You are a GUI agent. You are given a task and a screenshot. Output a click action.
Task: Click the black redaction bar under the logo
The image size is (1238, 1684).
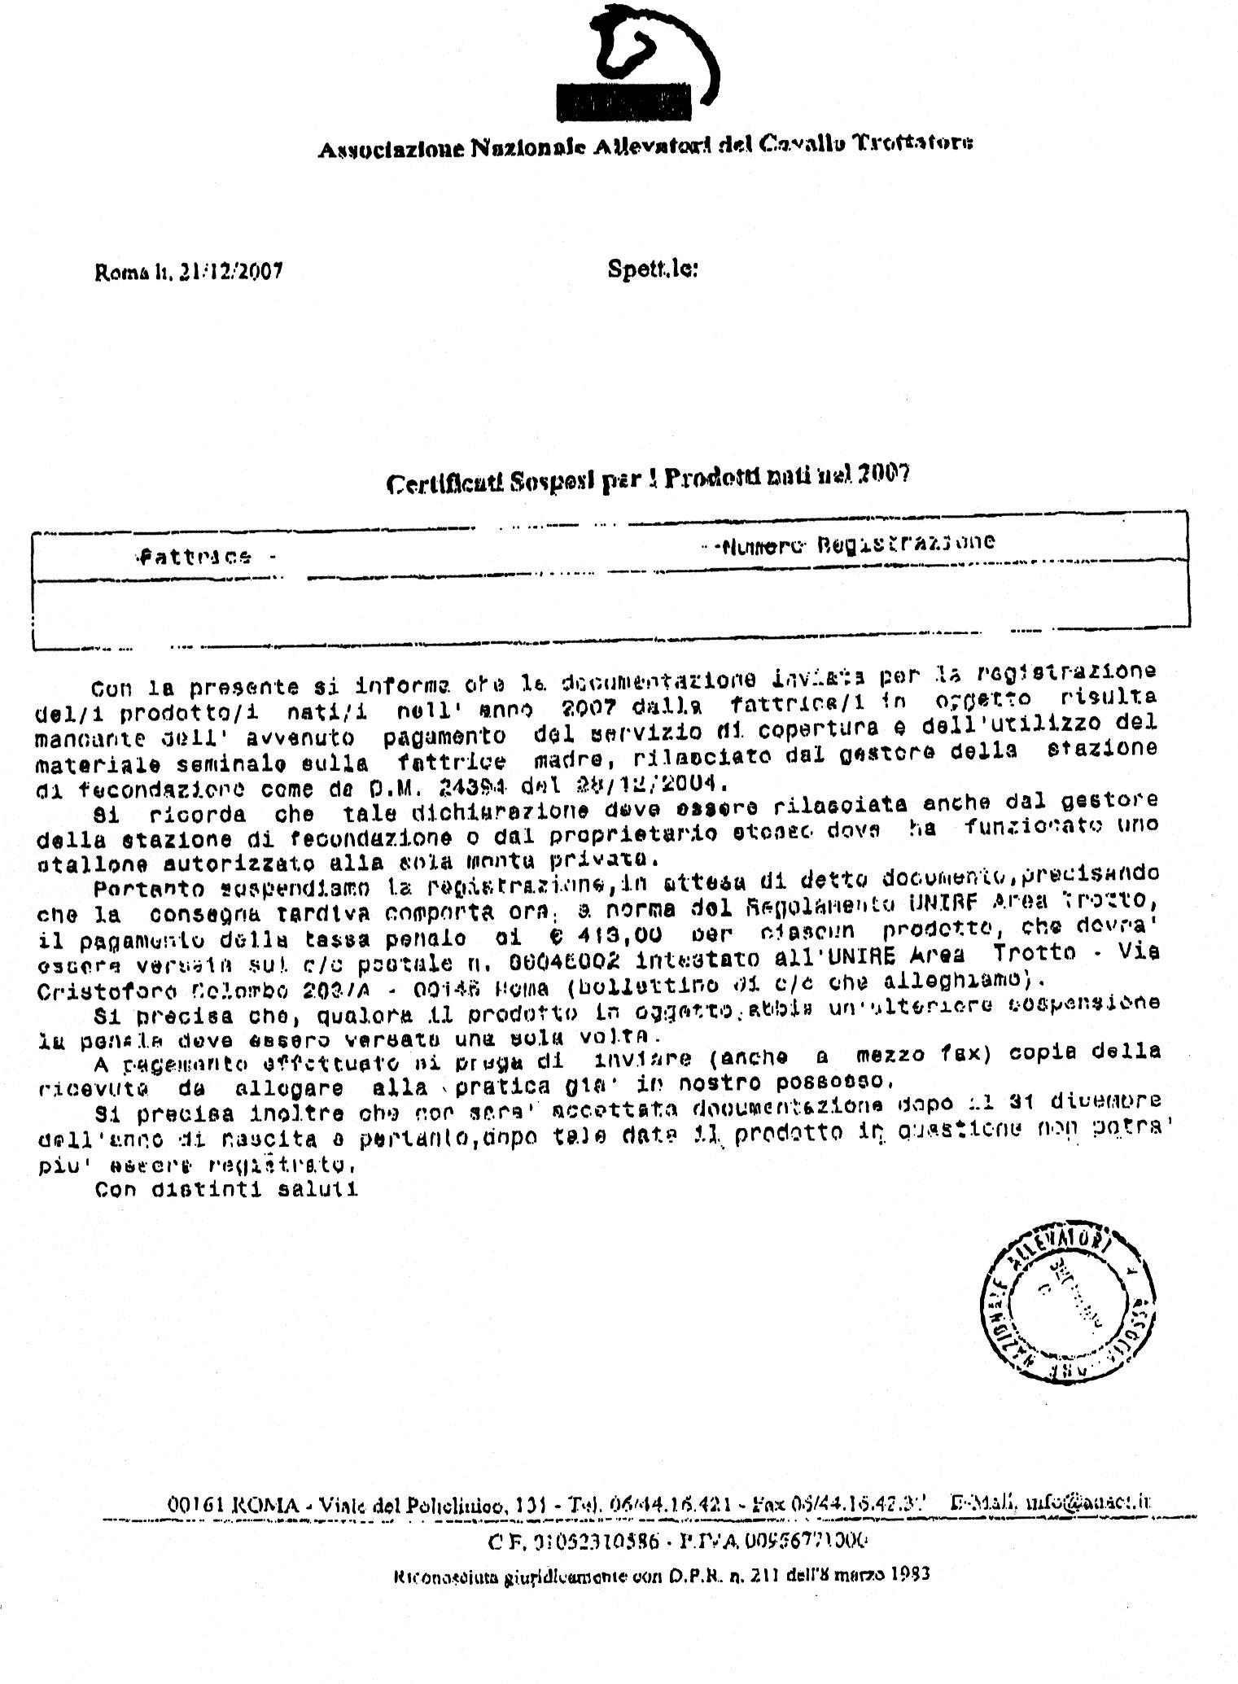point(623,101)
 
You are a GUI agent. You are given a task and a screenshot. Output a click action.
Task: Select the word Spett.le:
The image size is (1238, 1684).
point(652,269)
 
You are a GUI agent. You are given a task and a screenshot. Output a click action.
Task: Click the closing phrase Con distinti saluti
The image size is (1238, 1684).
point(226,1189)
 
